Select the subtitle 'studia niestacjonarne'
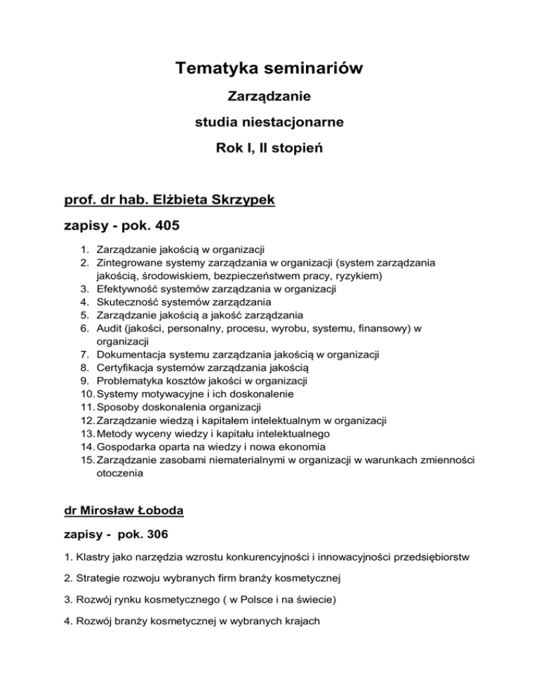269,123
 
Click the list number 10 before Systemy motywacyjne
84,409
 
